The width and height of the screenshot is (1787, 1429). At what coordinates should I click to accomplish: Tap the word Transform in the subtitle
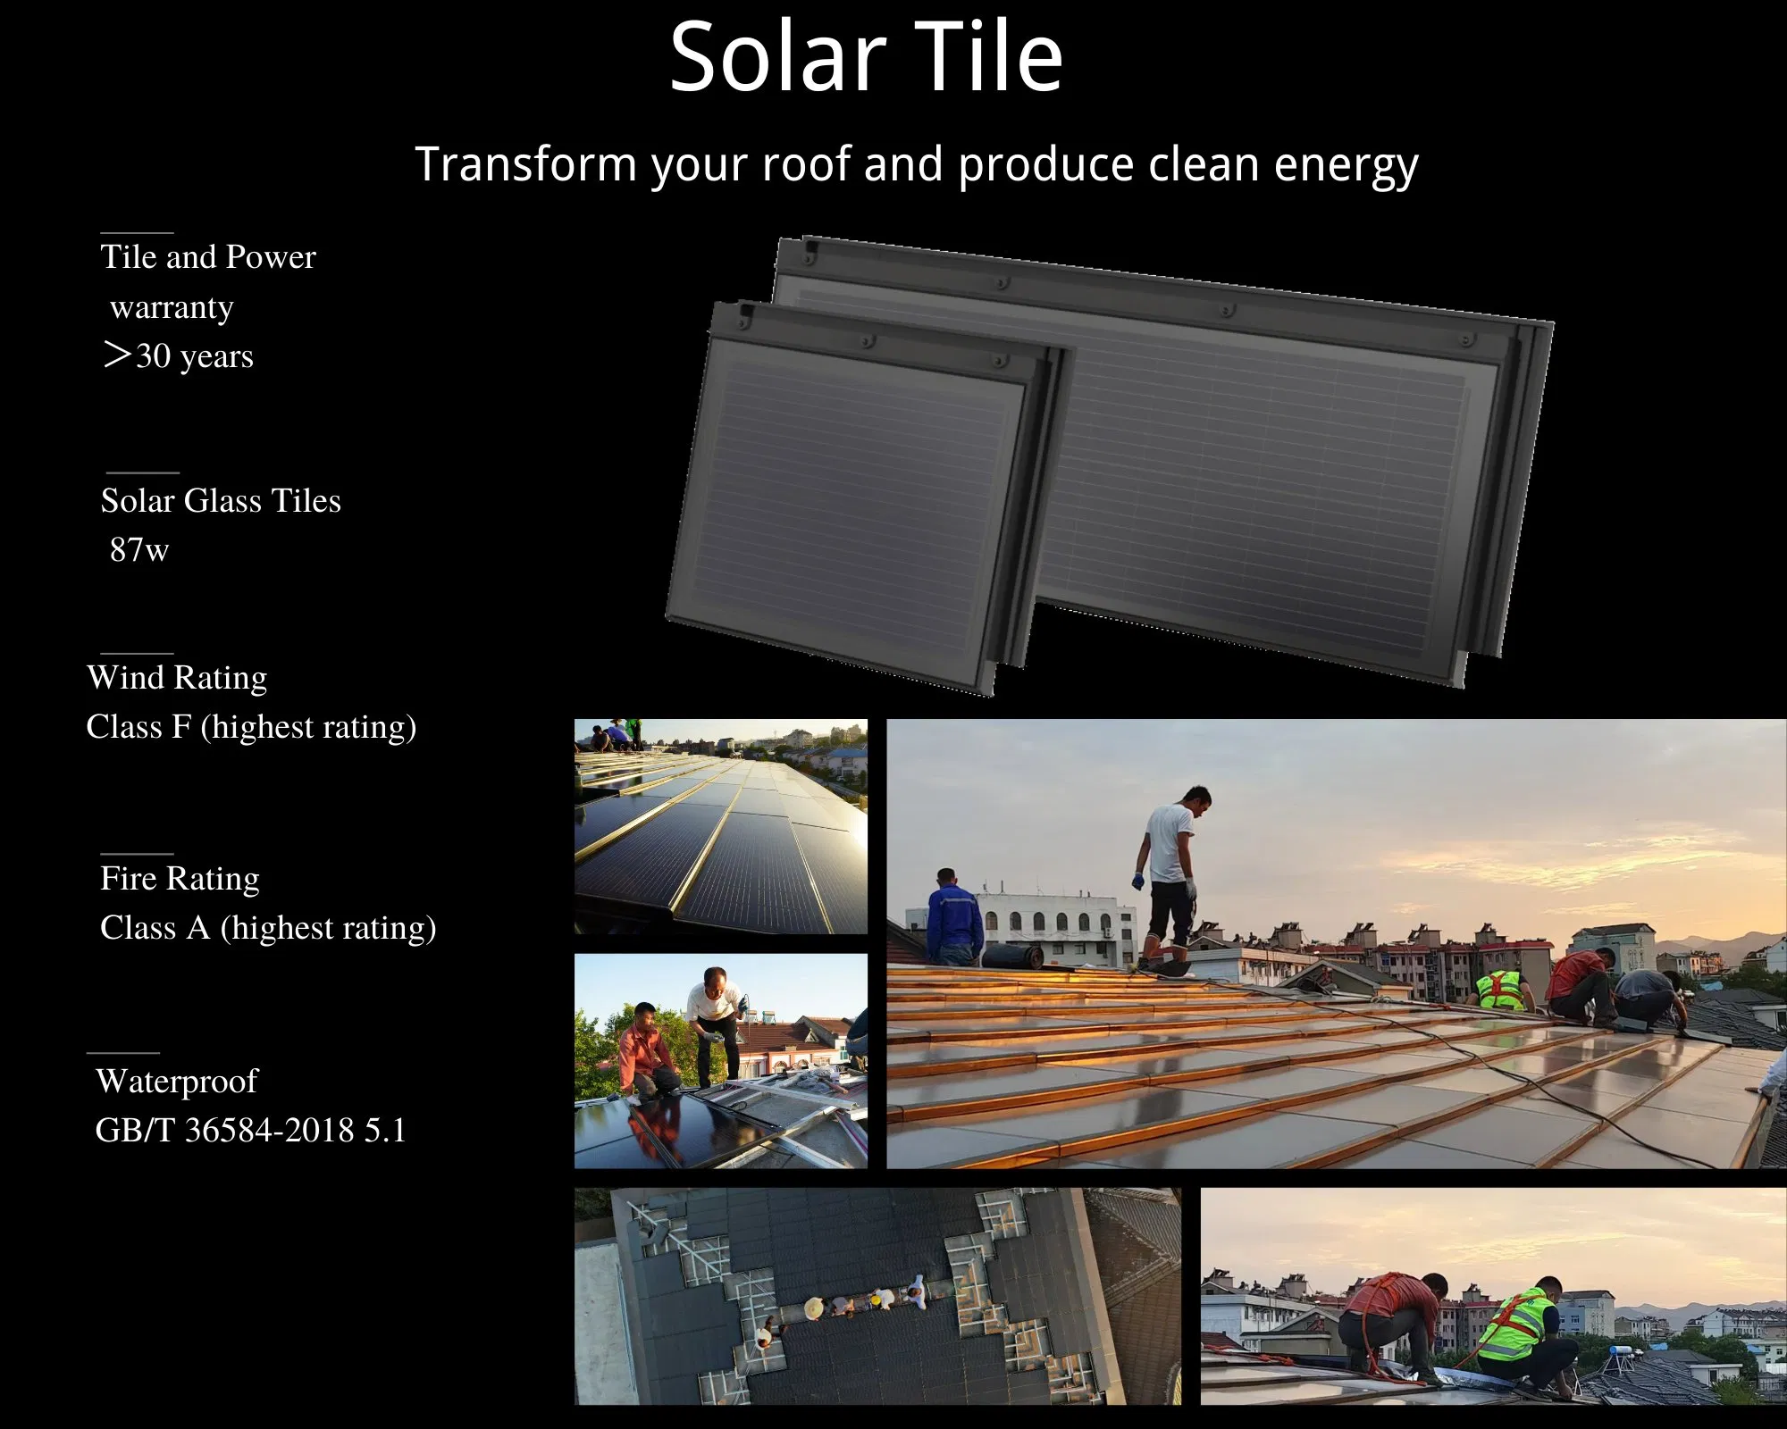(526, 164)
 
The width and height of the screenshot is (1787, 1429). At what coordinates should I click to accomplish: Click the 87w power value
(138, 549)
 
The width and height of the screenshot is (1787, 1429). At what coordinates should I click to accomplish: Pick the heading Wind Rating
(177, 678)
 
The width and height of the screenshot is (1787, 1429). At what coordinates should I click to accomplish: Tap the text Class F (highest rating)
(251, 727)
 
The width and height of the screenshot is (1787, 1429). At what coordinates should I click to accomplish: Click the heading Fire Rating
(180, 879)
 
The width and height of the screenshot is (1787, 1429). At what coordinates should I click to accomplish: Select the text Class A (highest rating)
(268, 928)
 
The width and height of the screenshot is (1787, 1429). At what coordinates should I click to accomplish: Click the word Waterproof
(177, 1082)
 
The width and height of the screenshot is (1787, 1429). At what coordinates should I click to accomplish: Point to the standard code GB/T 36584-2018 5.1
(250, 1131)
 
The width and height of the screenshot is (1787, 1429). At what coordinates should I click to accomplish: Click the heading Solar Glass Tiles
(221, 501)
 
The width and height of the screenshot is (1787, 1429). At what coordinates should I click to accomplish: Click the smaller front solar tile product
(849, 500)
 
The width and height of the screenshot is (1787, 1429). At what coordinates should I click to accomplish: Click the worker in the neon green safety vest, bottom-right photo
(1519, 1331)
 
